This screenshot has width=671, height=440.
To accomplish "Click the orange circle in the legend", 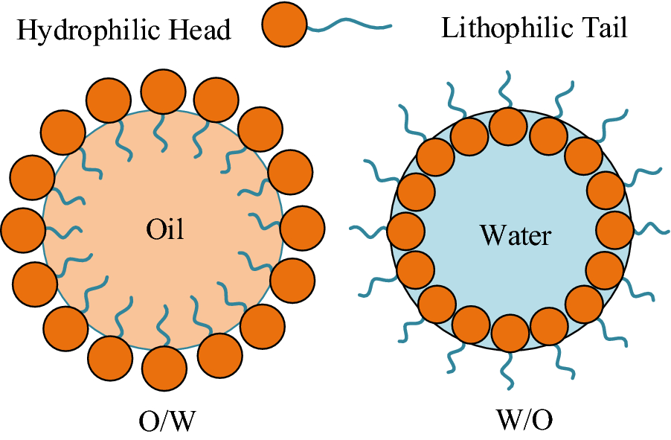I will tap(285, 26).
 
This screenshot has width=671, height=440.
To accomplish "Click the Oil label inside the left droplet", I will tap(164, 229).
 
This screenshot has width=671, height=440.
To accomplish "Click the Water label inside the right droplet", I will tap(516, 235).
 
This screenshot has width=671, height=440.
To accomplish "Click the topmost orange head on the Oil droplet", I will tap(164, 92).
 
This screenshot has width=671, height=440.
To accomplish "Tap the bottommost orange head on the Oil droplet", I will tap(164, 368).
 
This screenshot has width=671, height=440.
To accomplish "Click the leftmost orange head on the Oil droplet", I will tap(23, 229).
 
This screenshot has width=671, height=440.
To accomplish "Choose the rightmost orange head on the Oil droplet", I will tap(303, 228).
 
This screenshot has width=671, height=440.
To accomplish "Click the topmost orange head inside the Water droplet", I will tap(510, 125).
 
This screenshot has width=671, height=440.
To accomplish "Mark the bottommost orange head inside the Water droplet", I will tap(510, 333).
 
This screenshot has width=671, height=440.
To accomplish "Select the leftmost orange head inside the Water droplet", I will tap(405, 230).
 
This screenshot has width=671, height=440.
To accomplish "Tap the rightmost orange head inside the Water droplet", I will tap(615, 229).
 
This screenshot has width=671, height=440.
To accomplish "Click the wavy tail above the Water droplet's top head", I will tap(505, 89).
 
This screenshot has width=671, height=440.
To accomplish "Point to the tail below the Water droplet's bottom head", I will tap(508, 369).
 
